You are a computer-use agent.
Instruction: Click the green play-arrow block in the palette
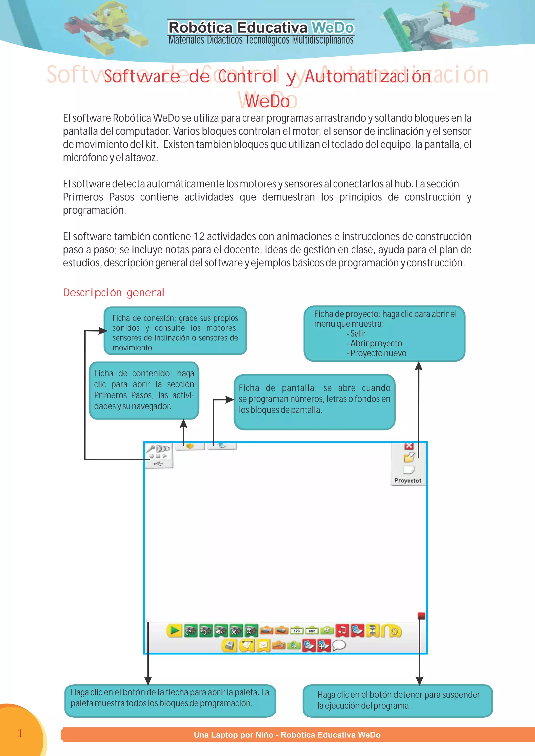point(174,631)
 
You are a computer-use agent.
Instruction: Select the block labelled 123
point(296,631)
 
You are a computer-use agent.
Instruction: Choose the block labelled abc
point(312,631)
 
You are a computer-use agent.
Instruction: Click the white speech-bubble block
point(339,646)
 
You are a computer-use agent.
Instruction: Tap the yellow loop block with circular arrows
point(392,631)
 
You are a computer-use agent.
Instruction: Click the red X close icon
point(409,446)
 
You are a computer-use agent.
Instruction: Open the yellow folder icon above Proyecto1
point(409,457)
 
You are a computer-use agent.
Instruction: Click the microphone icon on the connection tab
point(151,448)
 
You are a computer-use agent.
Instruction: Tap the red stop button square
point(421,616)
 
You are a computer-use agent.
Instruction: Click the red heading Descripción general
point(114,292)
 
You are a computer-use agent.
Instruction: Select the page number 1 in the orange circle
point(20,733)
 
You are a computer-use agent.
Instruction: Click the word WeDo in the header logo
point(333,28)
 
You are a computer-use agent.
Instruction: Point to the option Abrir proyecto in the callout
point(376,344)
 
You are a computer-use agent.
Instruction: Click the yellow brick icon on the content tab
point(190,446)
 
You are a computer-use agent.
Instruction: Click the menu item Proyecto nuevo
point(378,353)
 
